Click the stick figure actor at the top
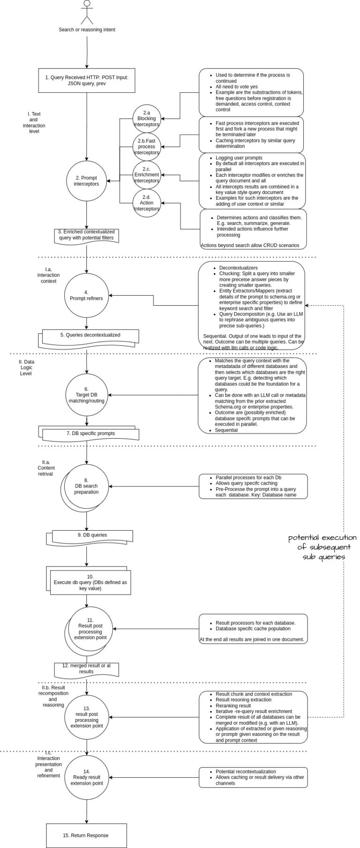[87, 12]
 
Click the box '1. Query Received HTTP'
[87, 80]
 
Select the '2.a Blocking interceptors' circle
[147, 119]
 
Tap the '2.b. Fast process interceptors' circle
[147, 147]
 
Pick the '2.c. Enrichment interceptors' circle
[147, 175]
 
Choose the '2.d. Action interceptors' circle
[147, 203]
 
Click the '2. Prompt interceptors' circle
[87, 181]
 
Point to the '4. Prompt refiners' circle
[87, 295]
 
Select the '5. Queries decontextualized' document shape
[90, 336]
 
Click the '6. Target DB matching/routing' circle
[87, 395]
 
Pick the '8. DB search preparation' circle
[87, 486]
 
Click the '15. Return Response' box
[86, 822]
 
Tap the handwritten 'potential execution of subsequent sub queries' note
[322, 547]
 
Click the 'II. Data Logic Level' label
[26, 368]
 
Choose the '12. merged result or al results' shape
[86, 669]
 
